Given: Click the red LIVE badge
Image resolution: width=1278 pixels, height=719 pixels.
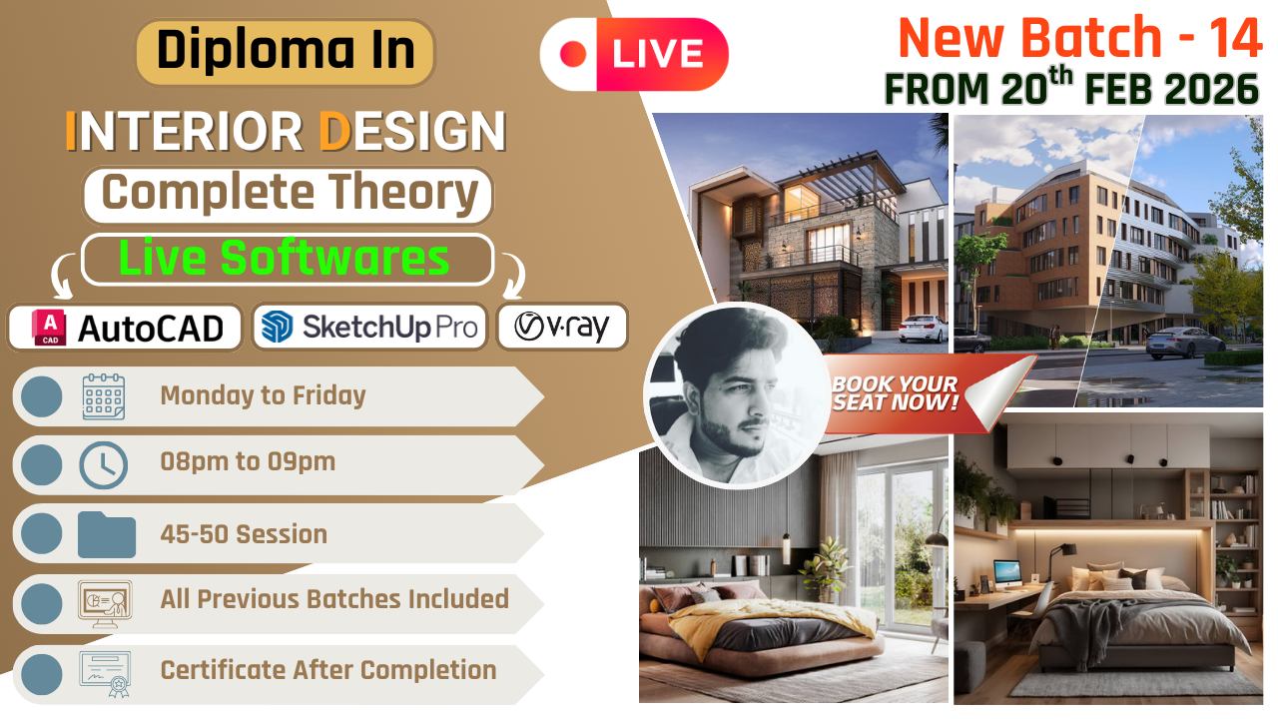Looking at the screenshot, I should pos(634,54).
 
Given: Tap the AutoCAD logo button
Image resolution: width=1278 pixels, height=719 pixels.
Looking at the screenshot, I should pos(126,328).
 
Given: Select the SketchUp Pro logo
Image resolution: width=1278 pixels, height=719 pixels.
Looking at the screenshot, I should pos(369,328).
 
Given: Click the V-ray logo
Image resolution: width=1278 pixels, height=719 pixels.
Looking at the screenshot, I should pos(562,327).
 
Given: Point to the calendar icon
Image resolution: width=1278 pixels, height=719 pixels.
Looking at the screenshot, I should pos(103,396).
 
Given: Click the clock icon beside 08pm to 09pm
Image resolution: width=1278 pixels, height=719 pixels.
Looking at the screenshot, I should pos(103,464).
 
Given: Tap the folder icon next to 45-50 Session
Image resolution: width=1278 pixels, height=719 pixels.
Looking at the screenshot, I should pos(106,534).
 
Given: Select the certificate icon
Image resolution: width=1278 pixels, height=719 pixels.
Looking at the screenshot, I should pos(105,671).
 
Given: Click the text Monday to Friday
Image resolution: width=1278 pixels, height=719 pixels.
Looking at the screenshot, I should pos(263,395).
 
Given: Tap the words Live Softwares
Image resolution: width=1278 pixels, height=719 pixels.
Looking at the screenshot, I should pos(285,259).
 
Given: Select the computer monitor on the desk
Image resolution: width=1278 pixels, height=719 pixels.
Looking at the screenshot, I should pos(1007,572).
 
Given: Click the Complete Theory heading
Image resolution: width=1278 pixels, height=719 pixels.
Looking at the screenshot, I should pos(289,194).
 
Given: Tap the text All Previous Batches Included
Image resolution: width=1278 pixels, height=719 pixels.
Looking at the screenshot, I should pos(334,599).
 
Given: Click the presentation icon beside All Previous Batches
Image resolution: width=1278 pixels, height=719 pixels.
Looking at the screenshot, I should pos(105,602).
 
